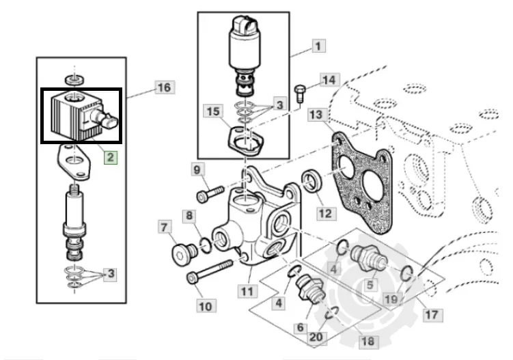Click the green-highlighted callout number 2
click(111, 157)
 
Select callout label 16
click(165, 87)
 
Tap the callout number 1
click(318, 46)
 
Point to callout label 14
click(329, 80)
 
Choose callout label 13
click(316, 115)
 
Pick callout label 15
click(213, 111)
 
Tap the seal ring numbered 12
click(311, 181)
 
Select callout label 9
click(197, 169)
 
